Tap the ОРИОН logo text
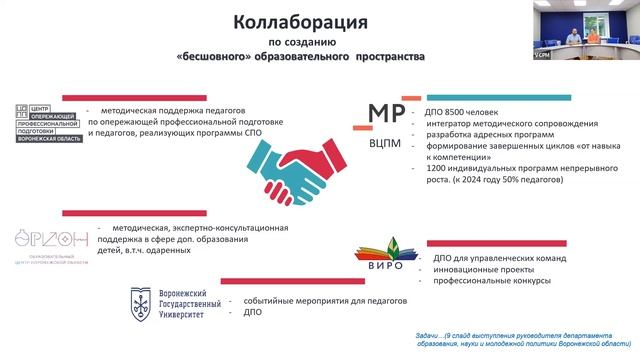click(50, 240)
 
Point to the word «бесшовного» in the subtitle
click(241, 58)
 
